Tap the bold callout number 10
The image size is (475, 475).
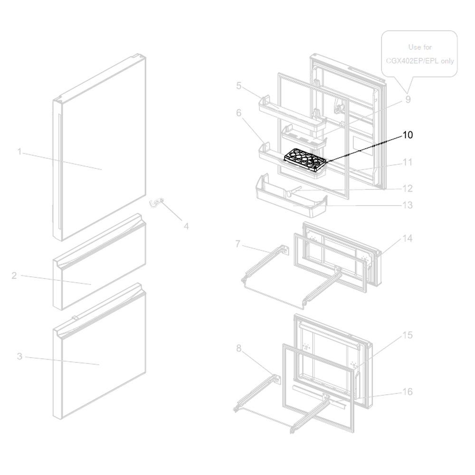click(407, 135)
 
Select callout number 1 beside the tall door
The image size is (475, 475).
click(19, 152)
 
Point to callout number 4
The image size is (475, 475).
click(186, 227)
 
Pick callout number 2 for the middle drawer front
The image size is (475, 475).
click(14, 275)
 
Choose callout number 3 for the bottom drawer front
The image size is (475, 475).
click(19, 356)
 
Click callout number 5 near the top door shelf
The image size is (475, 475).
click(238, 85)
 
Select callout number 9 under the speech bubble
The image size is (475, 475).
click(408, 100)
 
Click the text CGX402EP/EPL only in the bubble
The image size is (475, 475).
click(419, 61)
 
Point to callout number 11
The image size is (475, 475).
click(407, 162)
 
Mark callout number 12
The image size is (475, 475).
click(407, 189)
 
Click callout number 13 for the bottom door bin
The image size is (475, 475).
click(407, 205)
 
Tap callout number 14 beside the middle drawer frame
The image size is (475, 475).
click(407, 238)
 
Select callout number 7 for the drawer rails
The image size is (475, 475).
click(238, 244)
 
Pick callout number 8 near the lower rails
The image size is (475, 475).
click(238, 349)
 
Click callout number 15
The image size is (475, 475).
click(407, 335)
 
